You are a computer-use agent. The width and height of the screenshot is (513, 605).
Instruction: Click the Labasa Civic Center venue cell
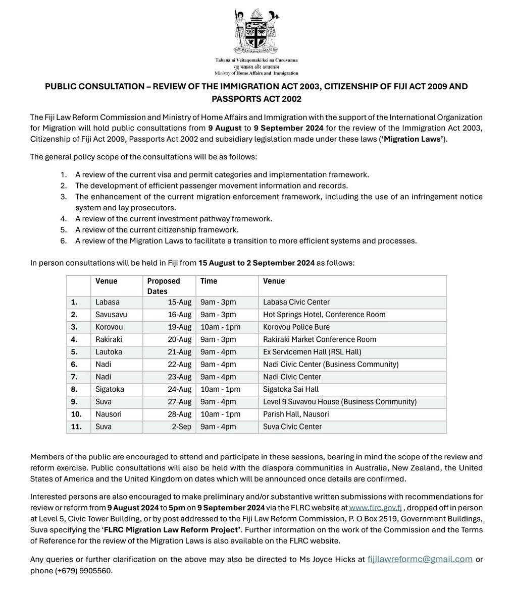pos(296,302)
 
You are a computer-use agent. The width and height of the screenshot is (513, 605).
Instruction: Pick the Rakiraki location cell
pos(109,339)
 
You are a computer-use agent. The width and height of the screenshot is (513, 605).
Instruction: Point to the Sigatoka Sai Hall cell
pos(291,389)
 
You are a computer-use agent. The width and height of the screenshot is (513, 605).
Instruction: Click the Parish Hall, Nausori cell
pos(296,414)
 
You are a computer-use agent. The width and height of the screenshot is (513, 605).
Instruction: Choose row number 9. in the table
pos(74,402)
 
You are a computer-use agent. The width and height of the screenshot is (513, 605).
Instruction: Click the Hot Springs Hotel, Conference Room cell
pos(324,315)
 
